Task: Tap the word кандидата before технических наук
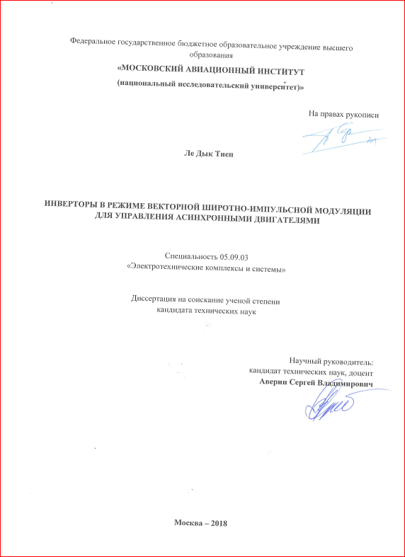[178, 311]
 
